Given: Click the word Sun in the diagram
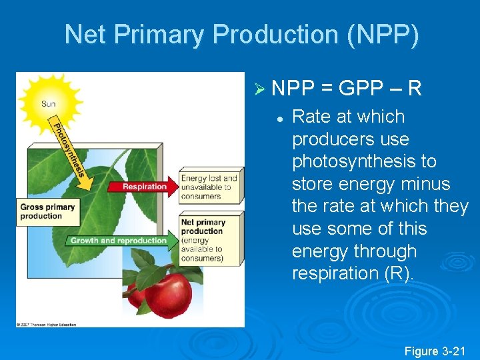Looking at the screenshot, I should pos(49,103).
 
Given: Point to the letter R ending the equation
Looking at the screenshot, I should pos(414,88).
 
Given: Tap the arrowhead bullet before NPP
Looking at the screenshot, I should pos(260,88).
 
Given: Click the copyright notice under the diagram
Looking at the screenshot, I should pos(47,325).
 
